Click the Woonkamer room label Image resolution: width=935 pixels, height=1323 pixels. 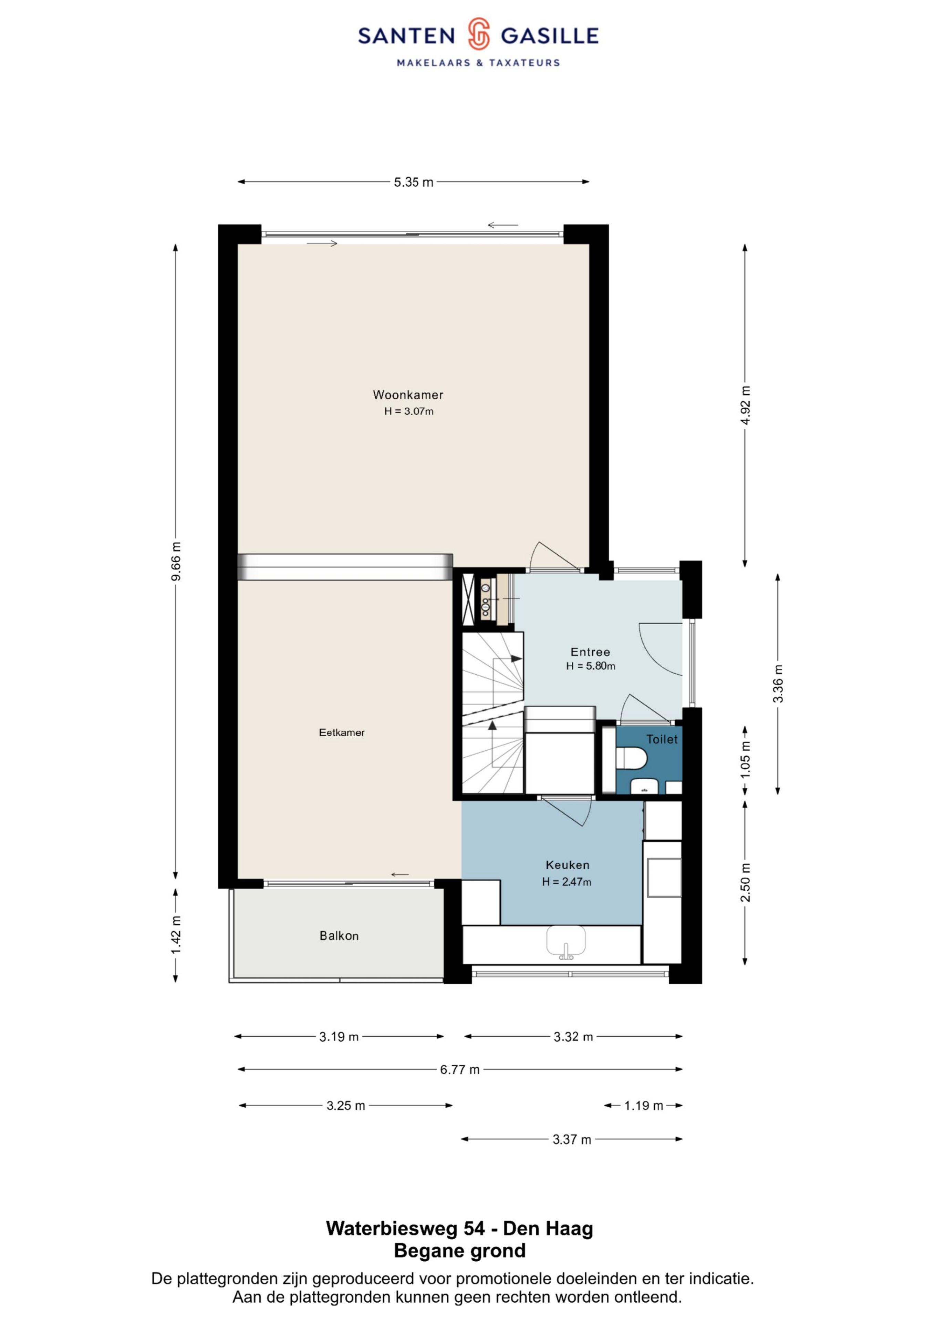pyautogui.click(x=408, y=395)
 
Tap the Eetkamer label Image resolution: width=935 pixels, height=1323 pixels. pyautogui.click(x=342, y=733)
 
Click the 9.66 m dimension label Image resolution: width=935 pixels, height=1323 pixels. pyautogui.click(x=176, y=561)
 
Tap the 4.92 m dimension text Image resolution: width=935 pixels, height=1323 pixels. pyautogui.click(x=746, y=405)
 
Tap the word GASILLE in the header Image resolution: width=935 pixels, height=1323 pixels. pyautogui.click(x=550, y=36)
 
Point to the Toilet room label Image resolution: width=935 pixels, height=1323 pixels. pyautogui.click(x=662, y=739)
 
